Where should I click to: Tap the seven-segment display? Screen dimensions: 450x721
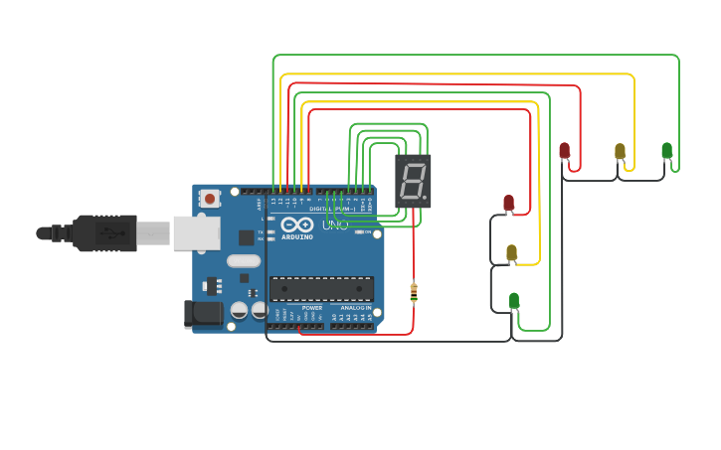pos(413,181)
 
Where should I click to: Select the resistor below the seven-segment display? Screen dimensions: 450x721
pos(414,293)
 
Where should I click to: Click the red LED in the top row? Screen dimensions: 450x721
pos(565,151)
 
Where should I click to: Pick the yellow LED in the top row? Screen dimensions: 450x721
pos(620,151)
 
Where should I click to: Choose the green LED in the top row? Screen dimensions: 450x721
pos(666,151)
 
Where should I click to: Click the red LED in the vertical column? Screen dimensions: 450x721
pos(508,203)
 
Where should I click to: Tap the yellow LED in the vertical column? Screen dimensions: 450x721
pos(511,252)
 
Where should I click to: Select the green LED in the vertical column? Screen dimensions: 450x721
pos(514,300)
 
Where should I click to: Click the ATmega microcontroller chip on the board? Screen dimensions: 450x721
pos(322,289)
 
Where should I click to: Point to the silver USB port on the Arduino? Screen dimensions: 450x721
pos(196,232)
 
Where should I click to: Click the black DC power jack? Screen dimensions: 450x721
pos(204,314)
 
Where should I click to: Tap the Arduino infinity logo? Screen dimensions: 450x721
pos(295,225)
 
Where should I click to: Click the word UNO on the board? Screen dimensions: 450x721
pos(336,225)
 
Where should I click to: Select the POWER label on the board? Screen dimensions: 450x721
pos(312,308)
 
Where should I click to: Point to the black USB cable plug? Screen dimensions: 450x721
pos(104,233)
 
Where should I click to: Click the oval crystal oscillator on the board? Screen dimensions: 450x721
pos(243,261)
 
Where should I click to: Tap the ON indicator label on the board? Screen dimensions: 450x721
pos(366,232)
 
